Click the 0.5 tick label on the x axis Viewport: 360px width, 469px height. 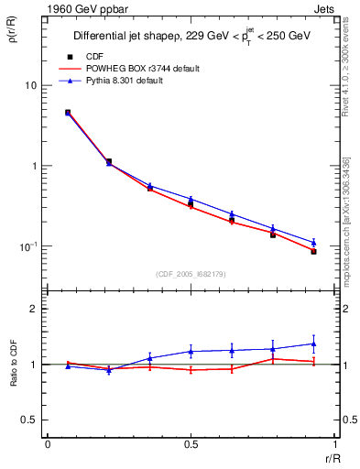tap(191, 443)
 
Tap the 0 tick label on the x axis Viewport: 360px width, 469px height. tap(48, 443)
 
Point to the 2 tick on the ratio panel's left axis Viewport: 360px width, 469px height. tap(33, 309)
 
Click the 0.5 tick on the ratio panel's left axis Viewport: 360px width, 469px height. tap(29, 420)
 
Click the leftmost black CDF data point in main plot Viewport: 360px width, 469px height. tap(68, 113)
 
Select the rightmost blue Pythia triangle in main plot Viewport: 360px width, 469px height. tap(313, 243)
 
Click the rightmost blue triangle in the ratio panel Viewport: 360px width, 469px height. tap(313, 344)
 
